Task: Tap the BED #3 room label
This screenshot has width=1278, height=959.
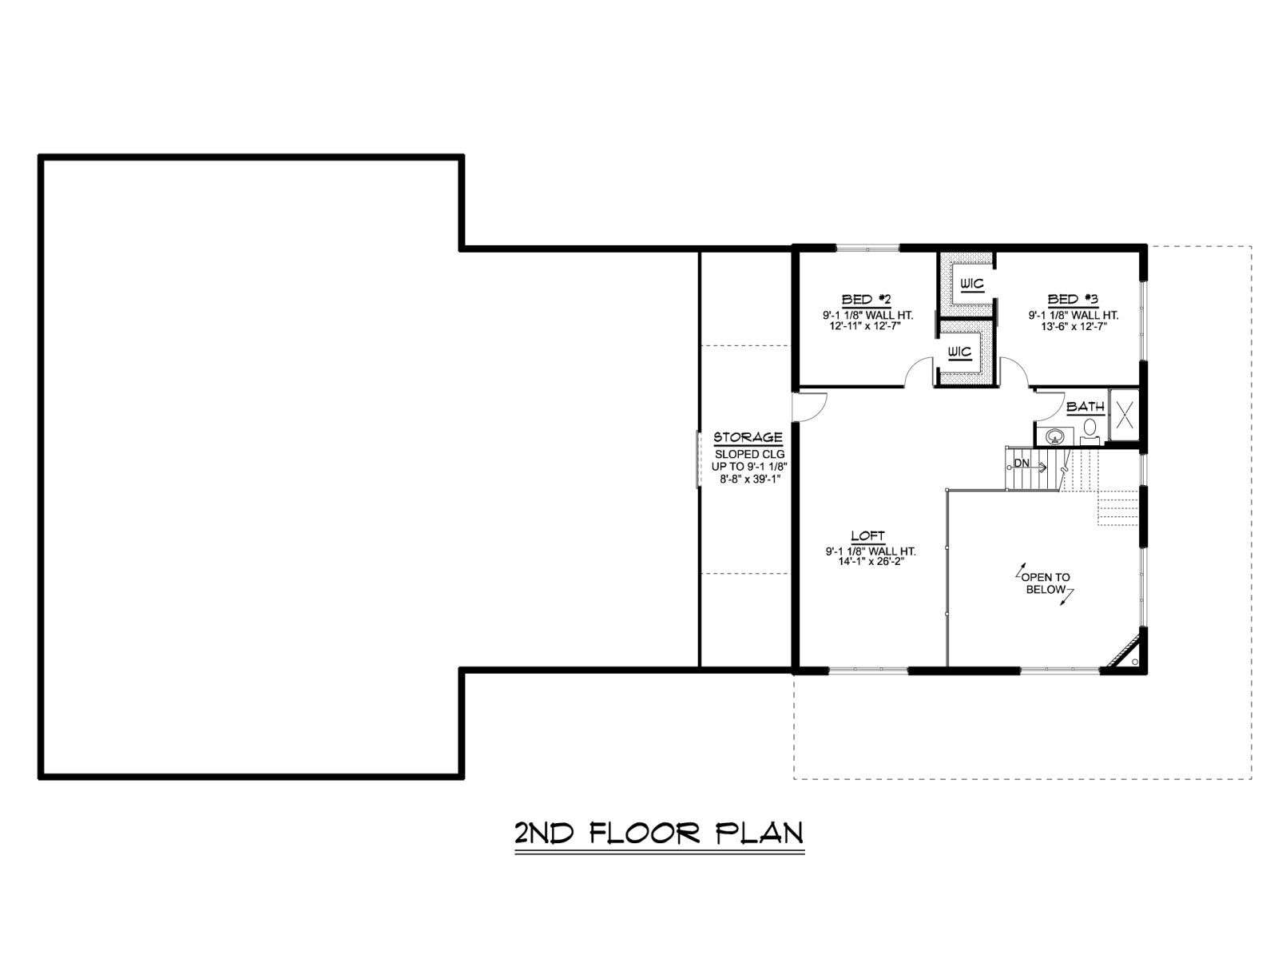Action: pyautogui.click(x=1072, y=299)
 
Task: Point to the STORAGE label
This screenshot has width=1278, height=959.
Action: pyautogui.click(x=748, y=437)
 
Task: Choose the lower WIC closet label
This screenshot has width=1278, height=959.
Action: pyautogui.click(x=959, y=352)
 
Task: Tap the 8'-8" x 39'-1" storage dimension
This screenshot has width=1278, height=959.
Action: pyautogui.click(x=748, y=479)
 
